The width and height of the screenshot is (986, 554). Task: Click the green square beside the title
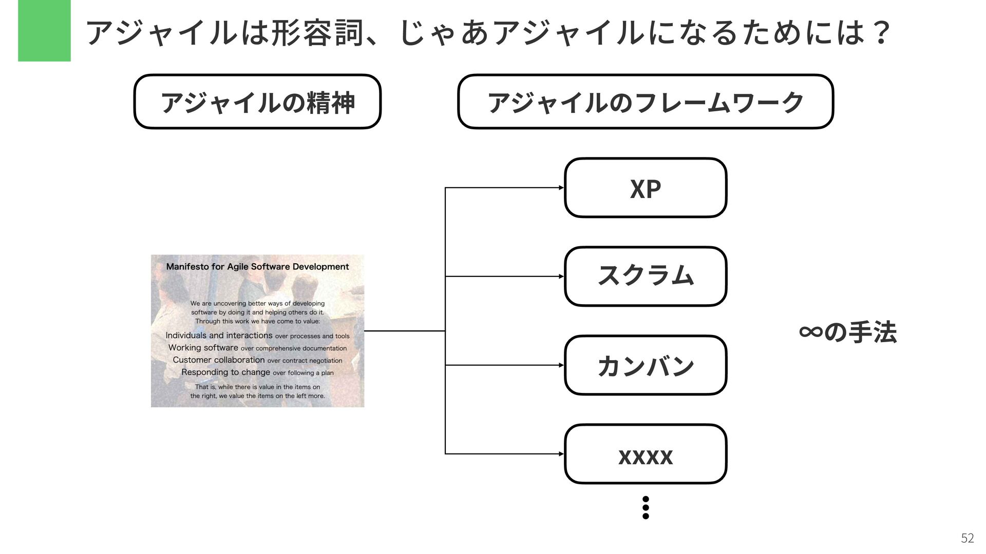click(44, 31)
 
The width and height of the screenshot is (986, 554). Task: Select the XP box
click(645, 188)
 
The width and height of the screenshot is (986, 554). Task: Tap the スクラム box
click(645, 276)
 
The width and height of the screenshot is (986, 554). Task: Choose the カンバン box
click(645, 365)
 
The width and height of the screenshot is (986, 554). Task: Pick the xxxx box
click(645, 454)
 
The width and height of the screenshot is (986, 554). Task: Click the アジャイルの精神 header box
click(257, 102)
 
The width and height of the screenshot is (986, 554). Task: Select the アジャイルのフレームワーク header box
click(645, 102)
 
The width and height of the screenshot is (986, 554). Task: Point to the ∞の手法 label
click(848, 332)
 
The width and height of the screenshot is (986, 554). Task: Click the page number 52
click(967, 538)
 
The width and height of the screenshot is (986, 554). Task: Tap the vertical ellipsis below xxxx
click(646, 507)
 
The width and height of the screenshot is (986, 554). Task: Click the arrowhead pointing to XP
click(561, 188)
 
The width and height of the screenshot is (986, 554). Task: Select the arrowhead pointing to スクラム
click(561, 276)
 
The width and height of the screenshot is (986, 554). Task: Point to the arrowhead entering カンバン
click(561, 365)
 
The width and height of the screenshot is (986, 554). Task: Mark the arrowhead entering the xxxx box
click(561, 454)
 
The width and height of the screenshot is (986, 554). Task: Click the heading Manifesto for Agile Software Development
click(257, 267)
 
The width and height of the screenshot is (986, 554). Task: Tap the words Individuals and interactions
click(219, 335)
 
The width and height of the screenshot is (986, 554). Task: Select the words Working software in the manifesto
click(203, 348)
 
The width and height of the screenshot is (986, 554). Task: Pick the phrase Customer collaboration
click(219, 360)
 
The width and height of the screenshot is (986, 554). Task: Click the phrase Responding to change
click(225, 372)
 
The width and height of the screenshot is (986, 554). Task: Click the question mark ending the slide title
click(882, 33)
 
